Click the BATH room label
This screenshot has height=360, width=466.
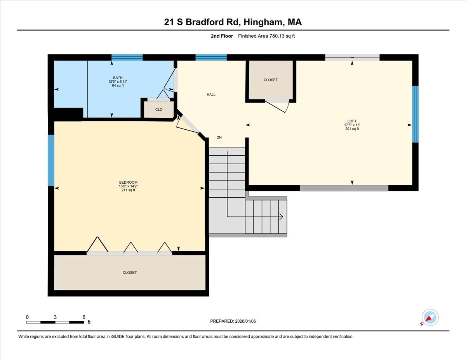[x=118, y=78]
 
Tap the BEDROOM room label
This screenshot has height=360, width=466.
[x=128, y=183]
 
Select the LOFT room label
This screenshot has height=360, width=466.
[x=352, y=121]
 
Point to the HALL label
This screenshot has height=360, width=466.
[x=211, y=95]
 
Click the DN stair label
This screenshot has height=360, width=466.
[x=219, y=137]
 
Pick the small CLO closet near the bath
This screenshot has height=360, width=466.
[x=159, y=110]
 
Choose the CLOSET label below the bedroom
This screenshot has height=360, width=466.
[x=130, y=273]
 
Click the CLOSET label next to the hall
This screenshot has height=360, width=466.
[x=271, y=80]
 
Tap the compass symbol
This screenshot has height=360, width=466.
[x=430, y=317]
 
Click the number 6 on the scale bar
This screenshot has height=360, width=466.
[x=84, y=317]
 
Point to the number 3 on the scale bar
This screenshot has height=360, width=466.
[x=56, y=317]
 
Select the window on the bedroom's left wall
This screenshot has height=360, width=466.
[x=51, y=160]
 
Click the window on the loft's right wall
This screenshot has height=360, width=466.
[x=415, y=114]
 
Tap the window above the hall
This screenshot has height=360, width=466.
[x=211, y=57]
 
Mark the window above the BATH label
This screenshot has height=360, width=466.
[x=127, y=57]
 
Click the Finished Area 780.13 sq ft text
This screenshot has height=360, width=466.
[x=269, y=36]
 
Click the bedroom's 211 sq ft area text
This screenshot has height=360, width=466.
[x=128, y=190]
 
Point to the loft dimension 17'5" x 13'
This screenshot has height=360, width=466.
[x=352, y=125]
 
